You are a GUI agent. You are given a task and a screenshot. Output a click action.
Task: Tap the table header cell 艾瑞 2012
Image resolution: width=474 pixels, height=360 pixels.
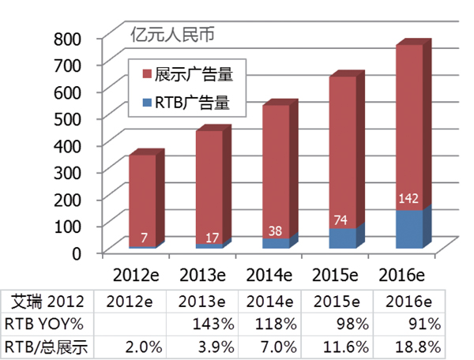tap(46, 302)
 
